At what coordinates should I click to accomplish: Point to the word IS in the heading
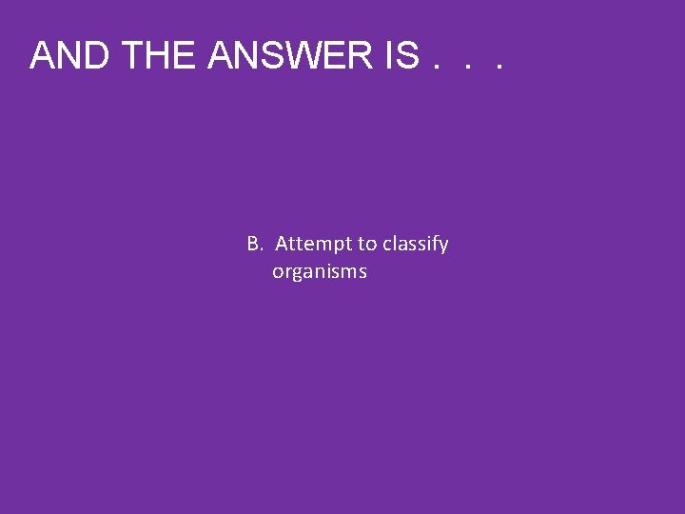click(x=401, y=56)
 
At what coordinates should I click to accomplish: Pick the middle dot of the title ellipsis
click(x=466, y=69)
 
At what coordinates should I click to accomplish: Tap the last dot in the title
click(x=497, y=69)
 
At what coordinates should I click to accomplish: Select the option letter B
click(x=254, y=244)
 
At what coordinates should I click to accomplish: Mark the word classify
click(x=416, y=245)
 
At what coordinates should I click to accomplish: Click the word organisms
click(x=320, y=273)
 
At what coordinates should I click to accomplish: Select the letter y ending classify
click(x=443, y=247)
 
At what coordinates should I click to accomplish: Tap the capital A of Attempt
click(x=283, y=244)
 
